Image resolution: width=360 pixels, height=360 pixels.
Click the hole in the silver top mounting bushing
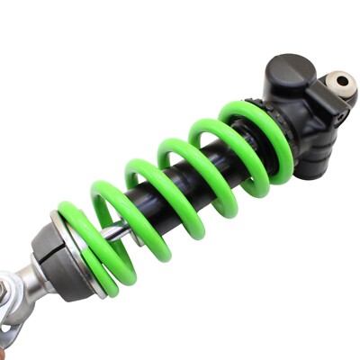click(342, 82)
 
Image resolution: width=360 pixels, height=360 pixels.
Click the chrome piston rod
click(117, 232)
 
